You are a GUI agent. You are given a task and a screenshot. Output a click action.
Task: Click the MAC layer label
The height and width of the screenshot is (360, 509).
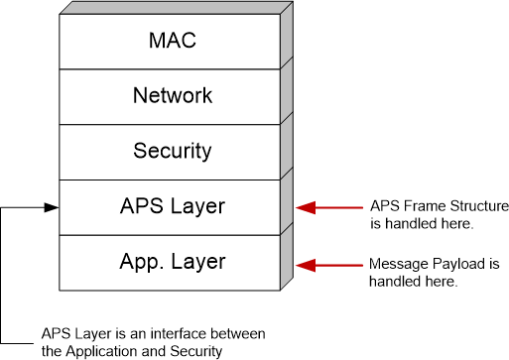coord(173,41)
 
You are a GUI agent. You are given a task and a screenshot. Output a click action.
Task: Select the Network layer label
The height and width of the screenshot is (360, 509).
coord(173,96)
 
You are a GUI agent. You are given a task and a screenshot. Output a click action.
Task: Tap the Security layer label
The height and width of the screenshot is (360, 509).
coord(173,152)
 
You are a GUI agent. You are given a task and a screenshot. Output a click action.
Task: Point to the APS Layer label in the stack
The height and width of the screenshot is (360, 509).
coord(173,207)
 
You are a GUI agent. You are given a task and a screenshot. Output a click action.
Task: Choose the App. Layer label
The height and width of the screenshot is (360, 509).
coord(173,263)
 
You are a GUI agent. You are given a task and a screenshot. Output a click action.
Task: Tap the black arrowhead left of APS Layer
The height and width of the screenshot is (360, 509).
coord(52,207)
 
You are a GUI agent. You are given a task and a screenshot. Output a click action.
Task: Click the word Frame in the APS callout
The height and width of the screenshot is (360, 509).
coord(416,205)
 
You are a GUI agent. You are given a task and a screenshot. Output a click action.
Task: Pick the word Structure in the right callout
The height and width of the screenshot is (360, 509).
coord(476,205)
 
